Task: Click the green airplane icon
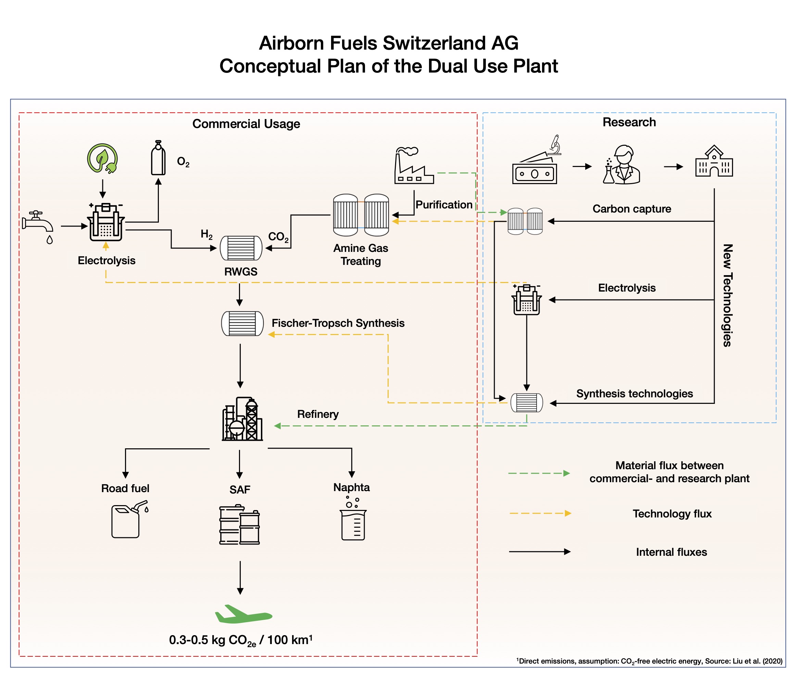[243, 614]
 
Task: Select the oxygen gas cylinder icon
[159, 158]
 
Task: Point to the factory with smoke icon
[413, 166]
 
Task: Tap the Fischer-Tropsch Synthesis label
[338, 323]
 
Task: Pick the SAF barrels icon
[240, 525]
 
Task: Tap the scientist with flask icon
[622, 165]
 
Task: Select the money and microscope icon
[536, 163]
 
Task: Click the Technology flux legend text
[672, 514]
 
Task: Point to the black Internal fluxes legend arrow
[540, 552]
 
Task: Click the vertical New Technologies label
[727, 295]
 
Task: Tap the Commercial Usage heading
[246, 124]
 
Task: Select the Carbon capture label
[631, 209]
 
